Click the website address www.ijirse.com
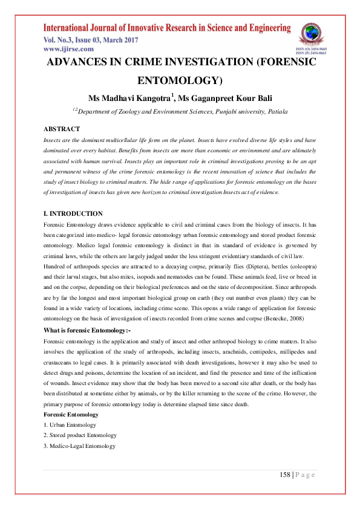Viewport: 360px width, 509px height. (68, 49)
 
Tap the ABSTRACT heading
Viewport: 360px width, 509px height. (62, 129)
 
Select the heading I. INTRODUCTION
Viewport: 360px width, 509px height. (73, 213)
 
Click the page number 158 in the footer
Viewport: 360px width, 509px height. (285, 475)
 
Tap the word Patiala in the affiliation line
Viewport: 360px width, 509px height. (275, 112)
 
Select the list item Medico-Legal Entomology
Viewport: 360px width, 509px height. (82, 446)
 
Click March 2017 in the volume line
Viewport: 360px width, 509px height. (120, 40)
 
